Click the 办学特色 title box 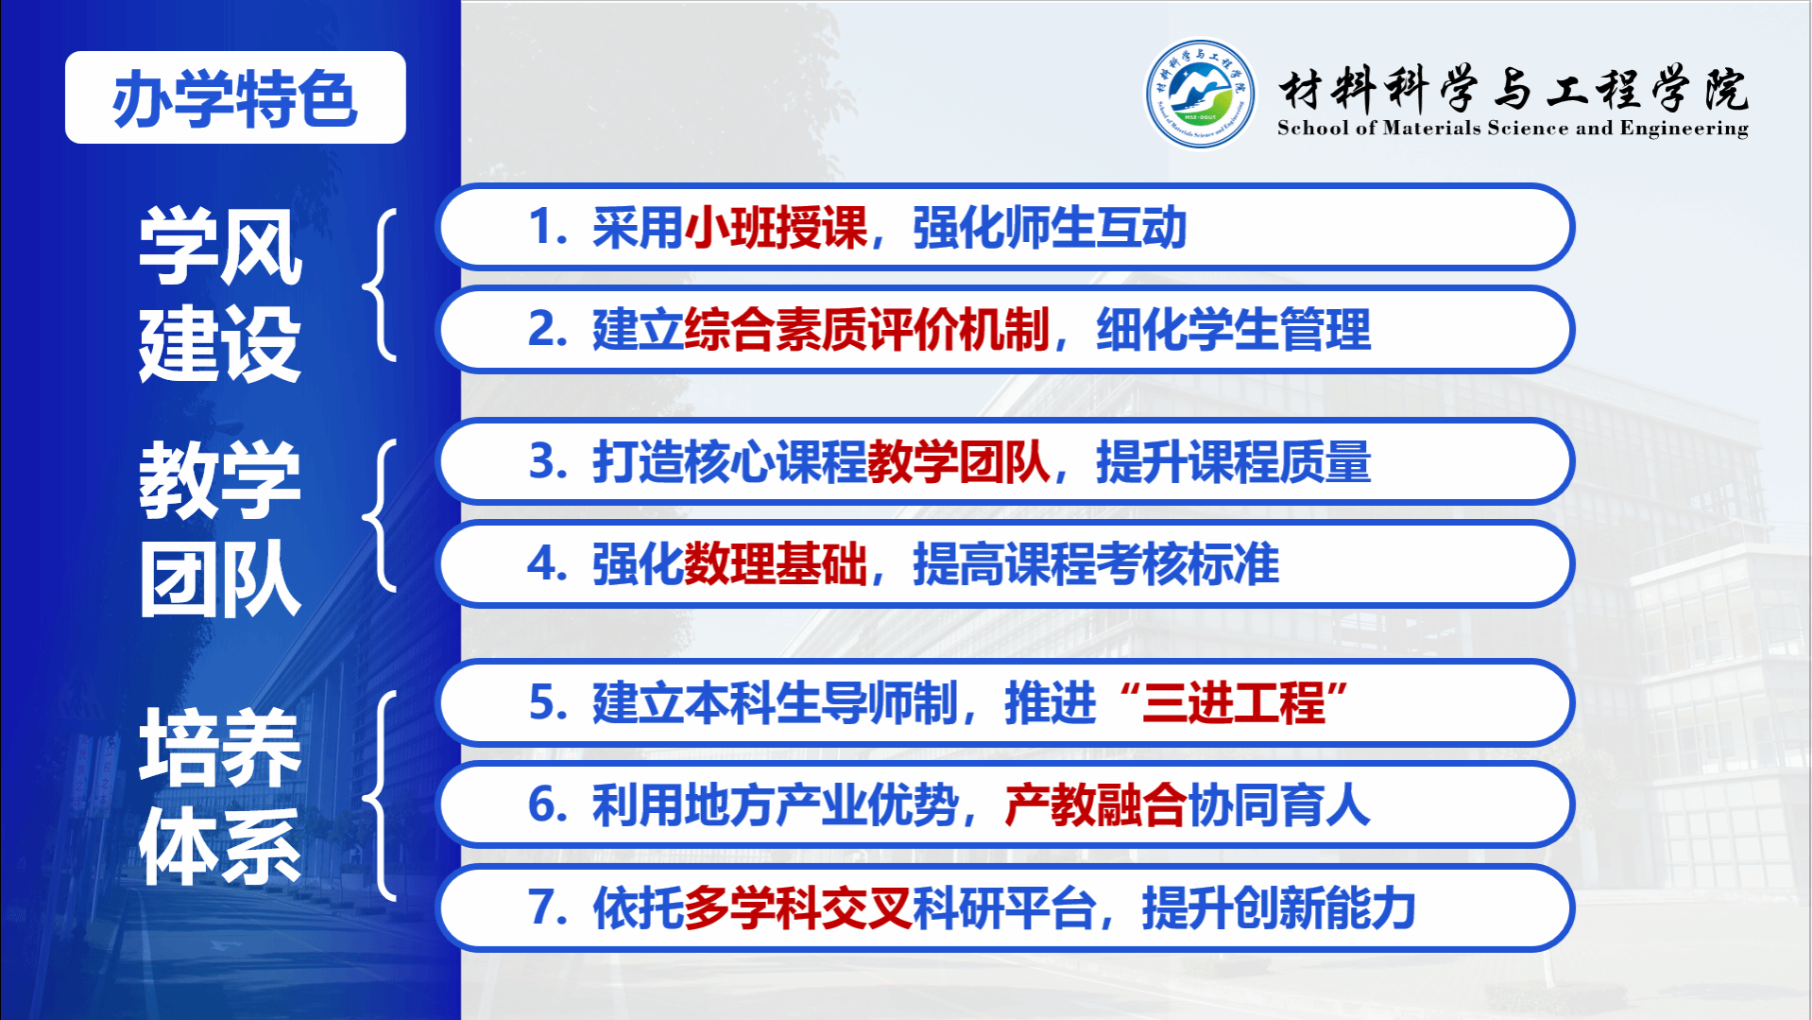pyautogui.click(x=235, y=97)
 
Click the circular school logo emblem pyautogui.click(x=1200, y=93)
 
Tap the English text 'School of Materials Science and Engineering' pyautogui.click(x=1513, y=129)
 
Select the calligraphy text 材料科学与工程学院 pyautogui.click(x=1513, y=90)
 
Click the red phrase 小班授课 pyautogui.click(x=775, y=228)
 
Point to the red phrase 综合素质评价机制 pyautogui.click(x=866, y=330)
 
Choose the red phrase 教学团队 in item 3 pyautogui.click(x=958, y=462)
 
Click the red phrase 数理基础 pyautogui.click(x=775, y=564)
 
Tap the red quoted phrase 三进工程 pyautogui.click(x=1233, y=703)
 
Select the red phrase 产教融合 pyautogui.click(x=1095, y=805)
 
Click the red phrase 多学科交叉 pyautogui.click(x=797, y=908)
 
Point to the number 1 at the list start pyautogui.click(x=540, y=228)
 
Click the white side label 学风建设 pyautogui.click(x=220, y=295)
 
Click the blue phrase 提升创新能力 pyautogui.click(x=1278, y=908)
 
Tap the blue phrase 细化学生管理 pyautogui.click(x=1233, y=330)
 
